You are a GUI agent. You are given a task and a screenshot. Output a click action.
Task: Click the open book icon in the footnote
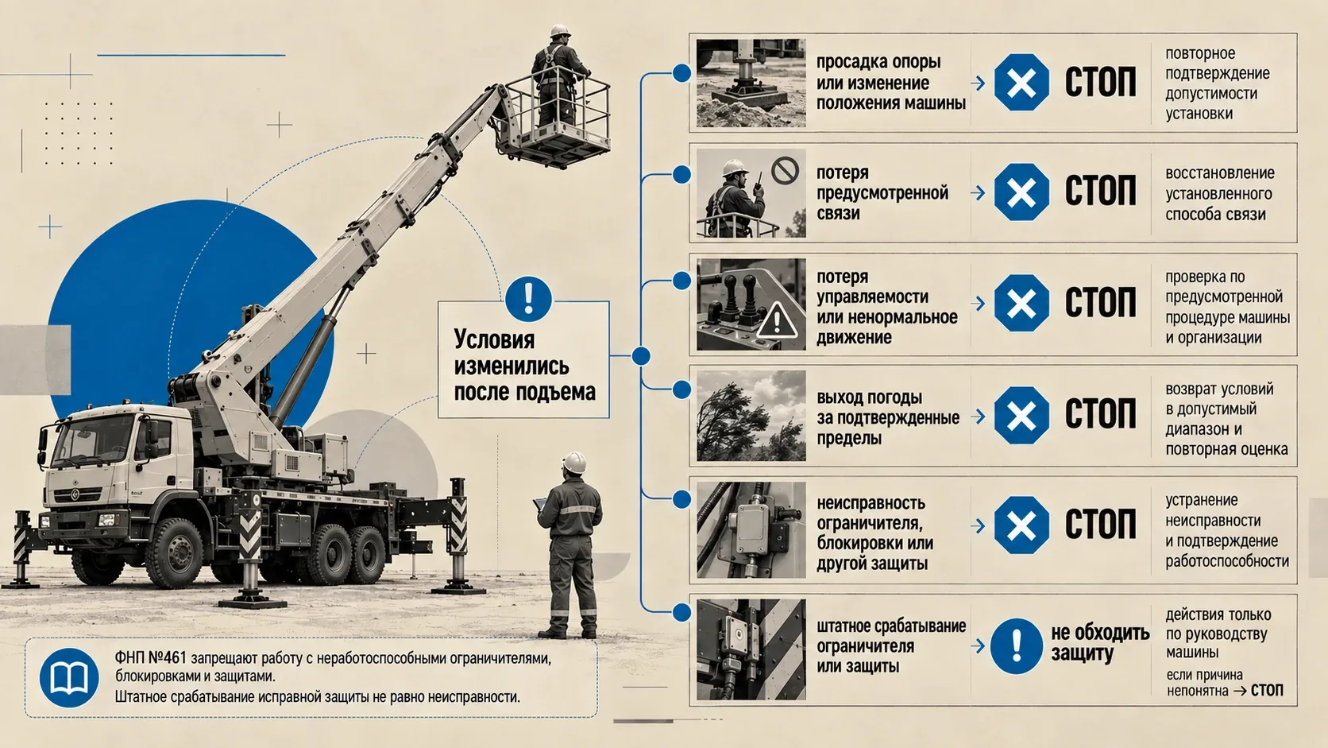[x=69, y=677]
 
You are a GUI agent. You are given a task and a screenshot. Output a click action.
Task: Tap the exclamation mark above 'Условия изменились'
[x=528, y=299]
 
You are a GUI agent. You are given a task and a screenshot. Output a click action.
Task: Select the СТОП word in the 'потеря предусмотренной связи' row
[x=1100, y=192]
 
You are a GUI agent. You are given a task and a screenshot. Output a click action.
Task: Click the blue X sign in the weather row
[x=1021, y=415]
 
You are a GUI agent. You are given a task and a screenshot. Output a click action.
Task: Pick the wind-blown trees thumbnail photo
[x=751, y=415]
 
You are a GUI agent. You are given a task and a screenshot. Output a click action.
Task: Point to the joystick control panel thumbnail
[x=751, y=304]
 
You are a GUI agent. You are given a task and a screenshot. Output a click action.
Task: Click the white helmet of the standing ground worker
[x=573, y=462]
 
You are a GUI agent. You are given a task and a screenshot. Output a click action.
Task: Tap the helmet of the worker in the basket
[x=559, y=31]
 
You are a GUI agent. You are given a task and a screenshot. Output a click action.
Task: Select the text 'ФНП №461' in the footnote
[x=151, y=658]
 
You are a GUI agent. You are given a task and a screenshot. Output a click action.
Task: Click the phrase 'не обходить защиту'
[x=1100, y=643]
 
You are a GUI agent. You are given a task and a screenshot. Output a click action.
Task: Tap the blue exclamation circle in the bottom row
[x=1016, y=646]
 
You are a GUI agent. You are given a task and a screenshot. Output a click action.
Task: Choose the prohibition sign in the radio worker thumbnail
[x=785, y=171]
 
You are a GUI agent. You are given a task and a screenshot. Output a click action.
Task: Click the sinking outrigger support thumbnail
[x=751, y=83]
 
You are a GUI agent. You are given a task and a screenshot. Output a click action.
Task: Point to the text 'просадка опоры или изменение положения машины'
[x=890, y=83]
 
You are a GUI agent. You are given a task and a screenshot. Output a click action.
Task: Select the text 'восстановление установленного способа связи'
[x=1219, y=193]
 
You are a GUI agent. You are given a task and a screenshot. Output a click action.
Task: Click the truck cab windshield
[x=94, y=439]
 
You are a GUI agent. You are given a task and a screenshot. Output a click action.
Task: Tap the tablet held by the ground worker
[x=539, y=504]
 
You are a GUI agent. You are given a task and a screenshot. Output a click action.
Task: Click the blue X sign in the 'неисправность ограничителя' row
[x=1021, y=525]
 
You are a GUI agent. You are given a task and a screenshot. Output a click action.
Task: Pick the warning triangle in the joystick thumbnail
[x=777, y=320]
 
